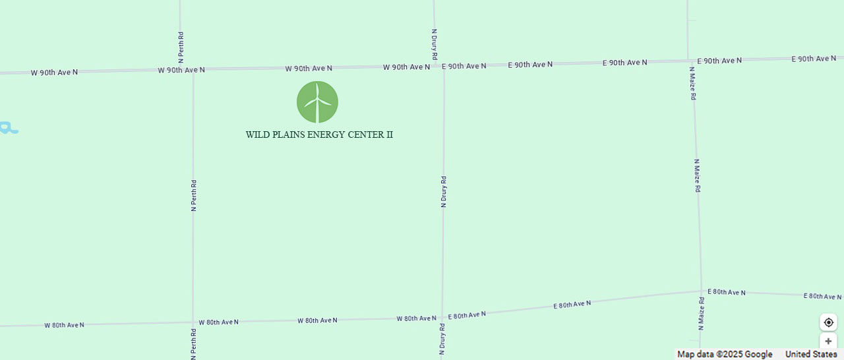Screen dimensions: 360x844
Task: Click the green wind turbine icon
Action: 317,102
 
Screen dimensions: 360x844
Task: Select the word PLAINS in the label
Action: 289,135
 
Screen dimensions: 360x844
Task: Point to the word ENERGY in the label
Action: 325,135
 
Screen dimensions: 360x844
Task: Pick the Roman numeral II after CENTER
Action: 389,135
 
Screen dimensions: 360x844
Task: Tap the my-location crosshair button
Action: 828,322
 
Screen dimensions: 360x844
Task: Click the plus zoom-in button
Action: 828,342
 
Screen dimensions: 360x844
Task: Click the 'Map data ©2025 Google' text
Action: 725,355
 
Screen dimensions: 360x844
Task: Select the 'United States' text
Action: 811,355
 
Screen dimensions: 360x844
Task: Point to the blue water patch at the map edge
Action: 9,127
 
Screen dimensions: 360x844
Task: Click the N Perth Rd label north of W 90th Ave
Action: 181,47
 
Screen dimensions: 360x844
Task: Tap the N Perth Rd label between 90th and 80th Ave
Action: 194,195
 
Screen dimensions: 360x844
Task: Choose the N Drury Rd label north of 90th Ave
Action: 435,44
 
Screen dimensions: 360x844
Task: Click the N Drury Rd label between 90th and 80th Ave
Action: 444,192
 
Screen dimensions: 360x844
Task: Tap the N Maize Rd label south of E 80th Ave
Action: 702,313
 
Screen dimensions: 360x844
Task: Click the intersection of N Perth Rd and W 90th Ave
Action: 193,70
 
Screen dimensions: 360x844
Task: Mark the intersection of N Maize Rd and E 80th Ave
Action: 701,291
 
